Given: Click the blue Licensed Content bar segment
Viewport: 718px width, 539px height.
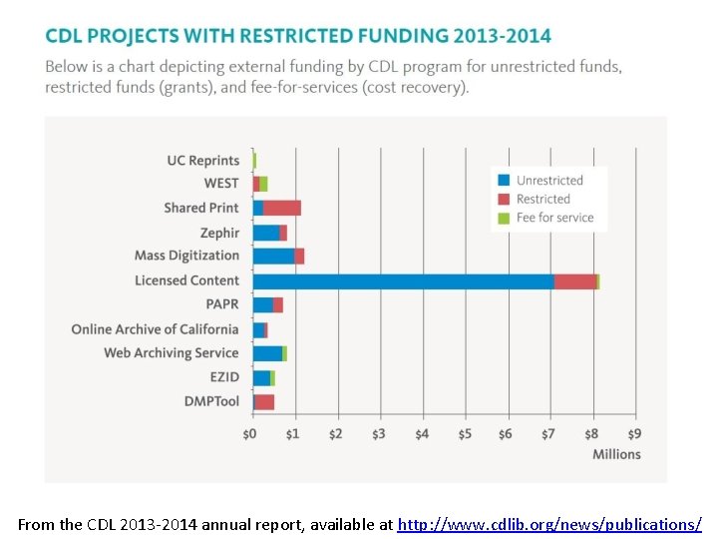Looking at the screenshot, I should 403,281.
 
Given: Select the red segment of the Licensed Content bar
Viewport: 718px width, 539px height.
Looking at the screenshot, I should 574,281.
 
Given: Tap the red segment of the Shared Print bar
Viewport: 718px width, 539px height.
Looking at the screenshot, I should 282,208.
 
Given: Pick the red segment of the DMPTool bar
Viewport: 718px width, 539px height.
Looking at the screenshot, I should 264,401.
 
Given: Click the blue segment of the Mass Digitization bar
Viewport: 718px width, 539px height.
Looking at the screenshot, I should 273,257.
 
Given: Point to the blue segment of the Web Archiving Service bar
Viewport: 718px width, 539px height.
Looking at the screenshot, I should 267,353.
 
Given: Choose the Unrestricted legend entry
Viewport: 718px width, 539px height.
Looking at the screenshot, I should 549,181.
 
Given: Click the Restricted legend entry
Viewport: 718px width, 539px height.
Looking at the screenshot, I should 543,199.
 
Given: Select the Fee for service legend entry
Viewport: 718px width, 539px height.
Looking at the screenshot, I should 554,218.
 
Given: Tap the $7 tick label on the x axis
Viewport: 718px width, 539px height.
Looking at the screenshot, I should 547,434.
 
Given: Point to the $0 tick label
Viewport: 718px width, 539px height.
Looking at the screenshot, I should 250,434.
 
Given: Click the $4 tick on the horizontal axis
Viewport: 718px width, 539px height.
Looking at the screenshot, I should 421,434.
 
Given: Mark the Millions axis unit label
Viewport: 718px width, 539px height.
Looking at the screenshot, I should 616,454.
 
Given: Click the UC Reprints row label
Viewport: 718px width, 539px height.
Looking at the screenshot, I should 203,161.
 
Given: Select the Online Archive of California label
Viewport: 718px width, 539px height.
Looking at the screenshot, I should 155,329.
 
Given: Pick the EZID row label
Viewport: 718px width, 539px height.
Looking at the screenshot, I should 224,377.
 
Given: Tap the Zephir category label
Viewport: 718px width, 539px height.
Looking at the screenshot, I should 219,233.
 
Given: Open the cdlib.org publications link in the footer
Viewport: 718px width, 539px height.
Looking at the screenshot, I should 549,524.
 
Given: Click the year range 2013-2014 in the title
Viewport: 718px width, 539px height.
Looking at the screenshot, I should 502,36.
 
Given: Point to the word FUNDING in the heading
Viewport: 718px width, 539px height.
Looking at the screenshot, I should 400,36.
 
